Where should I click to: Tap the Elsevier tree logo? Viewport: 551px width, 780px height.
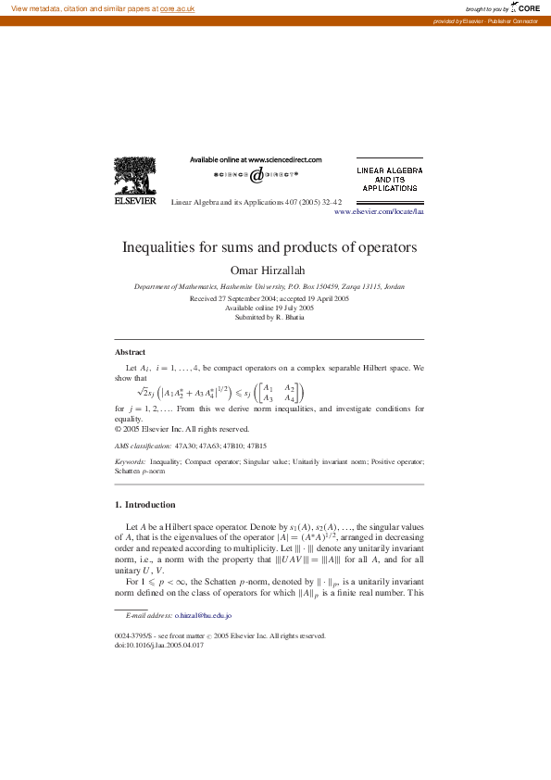(134, 175)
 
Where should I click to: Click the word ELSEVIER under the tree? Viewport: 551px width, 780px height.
(134, 200)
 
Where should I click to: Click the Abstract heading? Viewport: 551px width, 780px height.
(130, 352)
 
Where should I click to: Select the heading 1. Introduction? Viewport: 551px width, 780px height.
(144, 505)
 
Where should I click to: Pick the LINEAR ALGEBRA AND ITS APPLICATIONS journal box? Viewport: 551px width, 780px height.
(390, 180)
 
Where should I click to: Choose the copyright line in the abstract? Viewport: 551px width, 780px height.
(182, 429)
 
